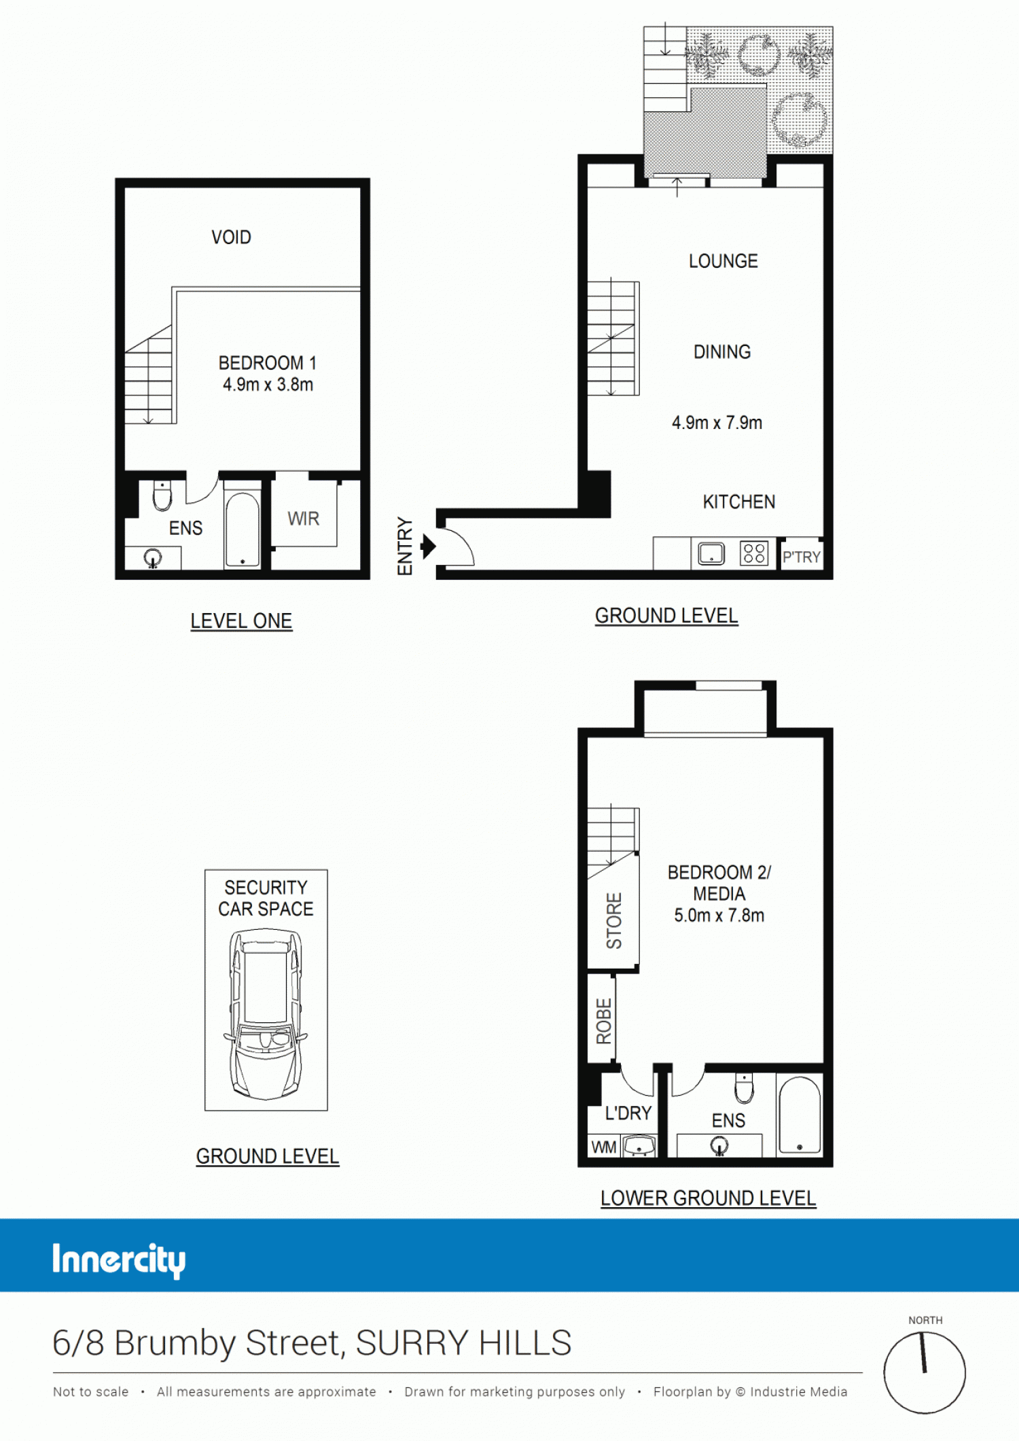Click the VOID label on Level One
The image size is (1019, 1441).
point(231,237)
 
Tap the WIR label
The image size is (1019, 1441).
point(303,519)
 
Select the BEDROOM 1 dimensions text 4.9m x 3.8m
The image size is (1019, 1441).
point(268,385)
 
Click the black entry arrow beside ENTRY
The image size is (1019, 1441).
point(428,546)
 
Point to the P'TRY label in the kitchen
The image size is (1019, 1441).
point(802,557)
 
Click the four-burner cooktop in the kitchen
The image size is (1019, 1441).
point(754,553)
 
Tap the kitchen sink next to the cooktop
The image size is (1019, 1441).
point(711,553)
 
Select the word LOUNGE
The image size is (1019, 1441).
point(723,261)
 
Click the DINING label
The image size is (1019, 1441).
point(722,352)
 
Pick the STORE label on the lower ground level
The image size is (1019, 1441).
point(614,921)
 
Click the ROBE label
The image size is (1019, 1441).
point(604,1022)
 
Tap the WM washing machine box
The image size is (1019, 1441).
point(604,1147)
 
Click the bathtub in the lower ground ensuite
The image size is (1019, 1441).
point(800,1115)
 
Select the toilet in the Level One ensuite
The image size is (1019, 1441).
point(162,495)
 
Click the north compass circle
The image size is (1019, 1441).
point(925,1372)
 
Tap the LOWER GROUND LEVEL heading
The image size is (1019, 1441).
point(708,1198)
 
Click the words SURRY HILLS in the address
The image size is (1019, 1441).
point(463,1343)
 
